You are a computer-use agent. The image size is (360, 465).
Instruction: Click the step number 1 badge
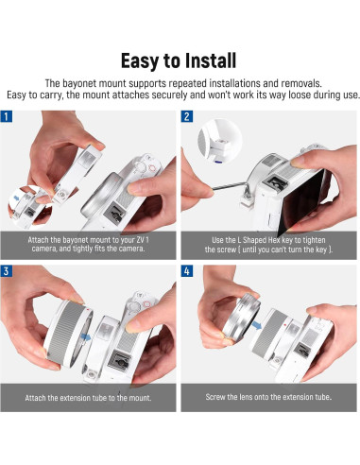(7, 116)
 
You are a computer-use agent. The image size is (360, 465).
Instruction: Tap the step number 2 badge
(187, 116)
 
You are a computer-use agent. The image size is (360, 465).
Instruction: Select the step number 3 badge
(7, 270)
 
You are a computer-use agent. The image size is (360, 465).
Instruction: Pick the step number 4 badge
(187, 270)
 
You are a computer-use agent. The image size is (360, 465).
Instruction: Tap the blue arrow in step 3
(86, 337)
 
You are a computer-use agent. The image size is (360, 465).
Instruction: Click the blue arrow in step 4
(257, 325)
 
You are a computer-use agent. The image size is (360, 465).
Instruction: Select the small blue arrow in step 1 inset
(16, 198)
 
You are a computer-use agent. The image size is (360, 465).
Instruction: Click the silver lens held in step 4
(242, 318)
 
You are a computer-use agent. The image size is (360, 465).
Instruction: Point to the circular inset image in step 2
(220, 141)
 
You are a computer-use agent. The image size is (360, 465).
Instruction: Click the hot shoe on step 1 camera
(114, 215)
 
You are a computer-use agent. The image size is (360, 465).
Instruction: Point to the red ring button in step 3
(147, 304)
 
